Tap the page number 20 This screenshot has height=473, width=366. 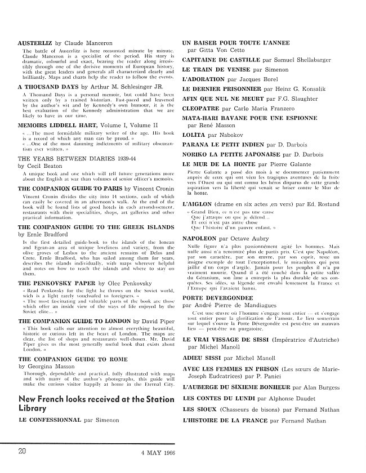click(x=23, y=452)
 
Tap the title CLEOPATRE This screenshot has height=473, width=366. click(x=204, y=111)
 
